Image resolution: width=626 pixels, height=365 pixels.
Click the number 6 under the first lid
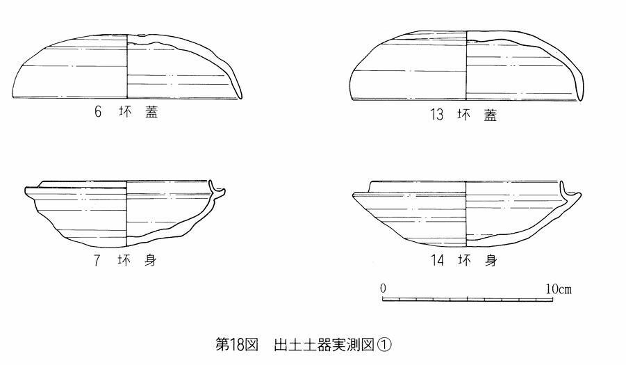(99, 112)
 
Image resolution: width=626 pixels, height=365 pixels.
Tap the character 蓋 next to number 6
(151, 112)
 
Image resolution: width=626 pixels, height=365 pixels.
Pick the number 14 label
(436, 261)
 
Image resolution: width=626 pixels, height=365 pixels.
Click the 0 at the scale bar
(384, 288)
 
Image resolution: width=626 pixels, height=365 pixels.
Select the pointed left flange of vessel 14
(354, 194)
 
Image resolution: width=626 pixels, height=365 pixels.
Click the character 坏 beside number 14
(463, 261)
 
